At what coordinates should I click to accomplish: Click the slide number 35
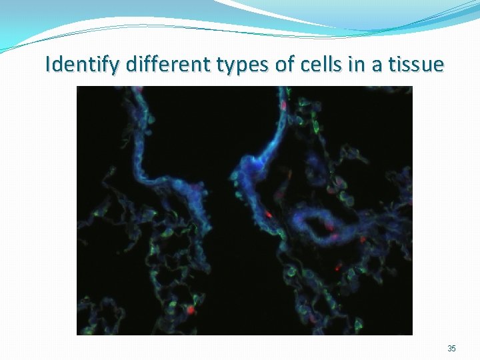(451, 349)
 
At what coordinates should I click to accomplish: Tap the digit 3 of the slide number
(449, 349)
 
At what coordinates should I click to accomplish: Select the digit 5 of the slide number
(454, 349)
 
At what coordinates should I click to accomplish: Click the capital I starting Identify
(48, 65)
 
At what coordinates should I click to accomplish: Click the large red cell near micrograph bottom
(191, 310)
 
